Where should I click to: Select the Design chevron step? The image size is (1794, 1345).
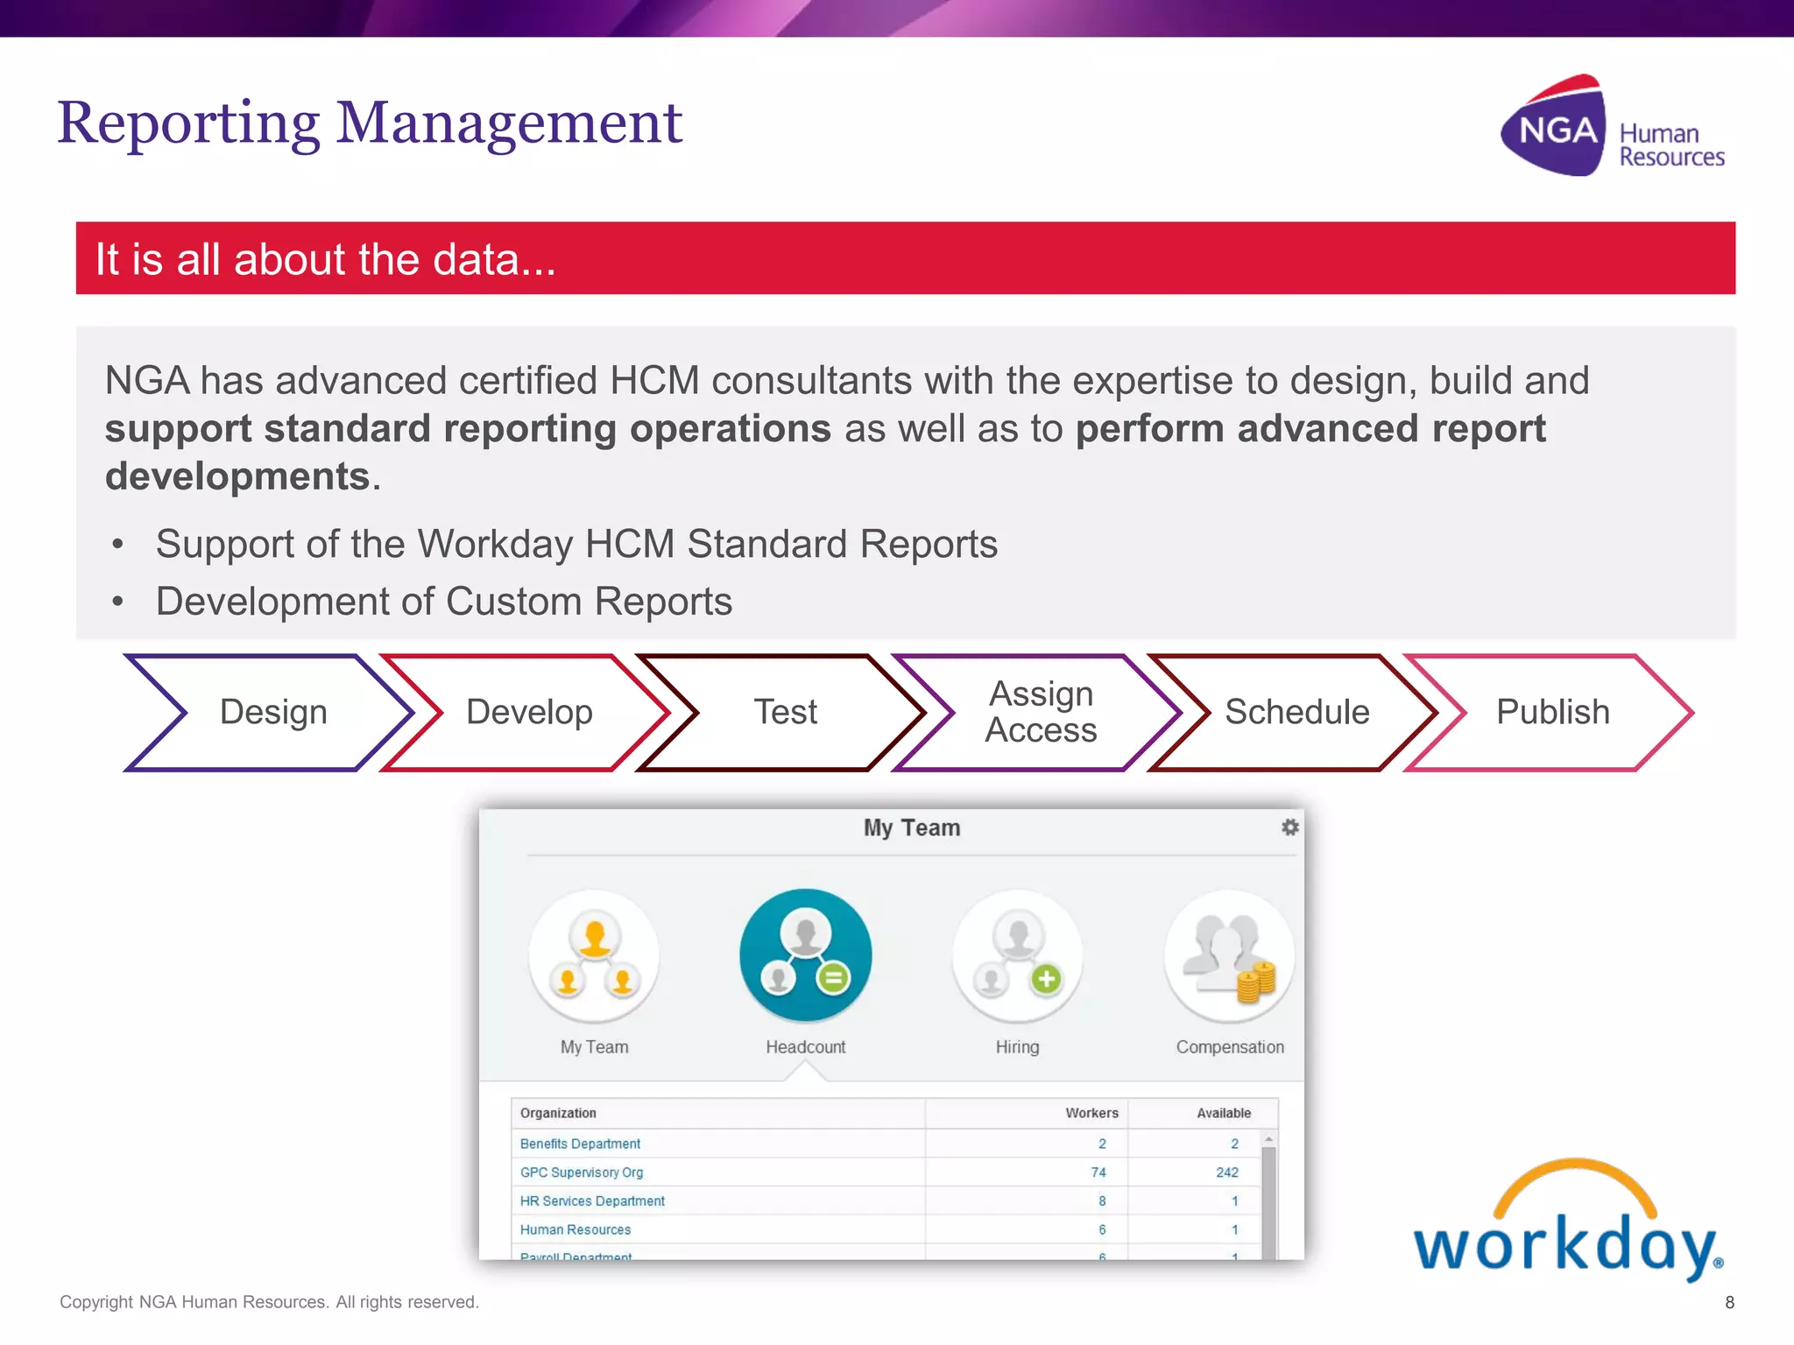click(272, 712)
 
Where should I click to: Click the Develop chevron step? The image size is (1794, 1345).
click(529, 712)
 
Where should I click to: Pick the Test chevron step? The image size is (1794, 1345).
click(785, 712)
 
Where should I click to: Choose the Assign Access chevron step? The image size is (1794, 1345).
click(1041, 712)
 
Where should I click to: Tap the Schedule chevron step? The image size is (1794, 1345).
click(1296, 712)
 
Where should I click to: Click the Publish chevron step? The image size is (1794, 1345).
click(1552, 712)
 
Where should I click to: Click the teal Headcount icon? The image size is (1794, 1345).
click(805, 955)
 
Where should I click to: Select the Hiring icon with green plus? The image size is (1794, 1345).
click(1017, 955)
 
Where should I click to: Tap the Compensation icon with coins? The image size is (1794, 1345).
click(1229, 955)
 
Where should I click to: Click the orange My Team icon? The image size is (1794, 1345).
click(594, 955)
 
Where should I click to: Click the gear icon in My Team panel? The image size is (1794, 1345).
click(1289, 827)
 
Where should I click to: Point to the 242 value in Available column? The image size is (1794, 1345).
click(1226, 1172)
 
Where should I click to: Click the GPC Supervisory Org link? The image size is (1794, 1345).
click(581, 1172)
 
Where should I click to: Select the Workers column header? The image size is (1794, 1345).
click(1091, 1113)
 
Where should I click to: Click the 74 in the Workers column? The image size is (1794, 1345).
click(1098, 1172)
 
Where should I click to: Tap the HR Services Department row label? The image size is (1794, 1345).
click(592, 1201)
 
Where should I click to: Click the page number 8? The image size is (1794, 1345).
click(1729, 1302)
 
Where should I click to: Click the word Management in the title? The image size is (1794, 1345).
click(508, 123)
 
